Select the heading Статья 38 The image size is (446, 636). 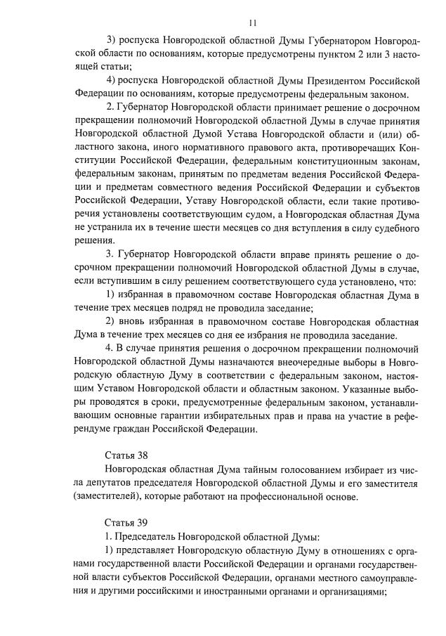(126, 454)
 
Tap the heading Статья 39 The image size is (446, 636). (126, 522)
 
